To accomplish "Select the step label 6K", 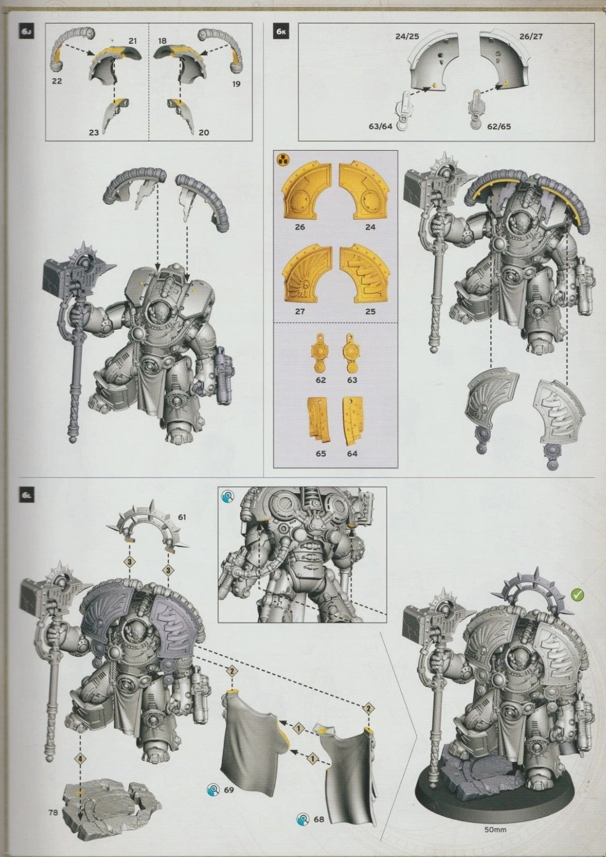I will point(281,31).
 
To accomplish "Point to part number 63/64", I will point(380,127).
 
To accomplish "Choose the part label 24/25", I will point(407,37).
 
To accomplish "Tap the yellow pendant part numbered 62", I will point(321,357).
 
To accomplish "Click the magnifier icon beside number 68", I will point(304,818).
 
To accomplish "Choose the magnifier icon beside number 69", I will point(213,790).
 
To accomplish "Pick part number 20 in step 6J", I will point(204,133).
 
